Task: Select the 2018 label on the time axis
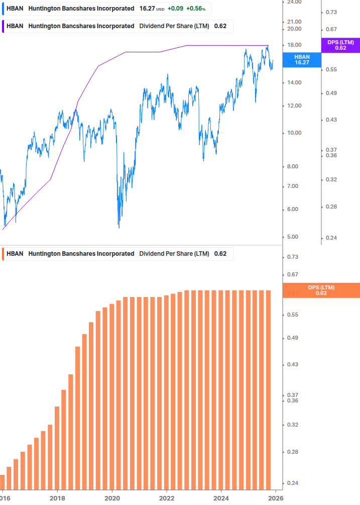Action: point(57,498)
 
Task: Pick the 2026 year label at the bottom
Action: point(276,498)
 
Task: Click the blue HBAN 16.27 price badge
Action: point(301,60)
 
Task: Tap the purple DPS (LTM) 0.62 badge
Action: point(340,45)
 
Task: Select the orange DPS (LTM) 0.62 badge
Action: point(321,290)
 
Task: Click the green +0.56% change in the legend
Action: point(196,9)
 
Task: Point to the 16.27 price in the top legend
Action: point(147,9)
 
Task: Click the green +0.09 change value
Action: point(175,9)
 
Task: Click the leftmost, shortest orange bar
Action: point(2,481)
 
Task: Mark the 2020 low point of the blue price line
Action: point(119,228)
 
